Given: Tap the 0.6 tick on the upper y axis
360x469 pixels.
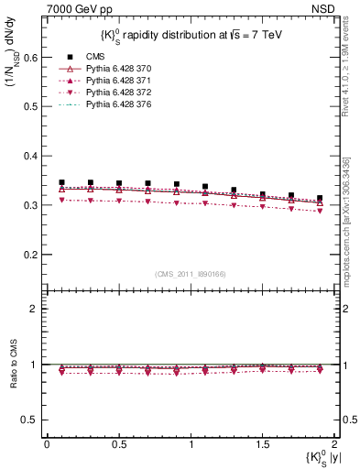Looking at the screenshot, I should (33, 57).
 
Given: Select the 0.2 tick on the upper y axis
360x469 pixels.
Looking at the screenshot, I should (33, 255).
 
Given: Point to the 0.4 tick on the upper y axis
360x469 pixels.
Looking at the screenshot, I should (33, 156).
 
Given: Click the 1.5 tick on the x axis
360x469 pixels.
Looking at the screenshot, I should (262, 443).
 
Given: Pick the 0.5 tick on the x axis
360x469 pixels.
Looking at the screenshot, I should (118, 443).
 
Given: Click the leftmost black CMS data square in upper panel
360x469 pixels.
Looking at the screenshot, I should (61, 182).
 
